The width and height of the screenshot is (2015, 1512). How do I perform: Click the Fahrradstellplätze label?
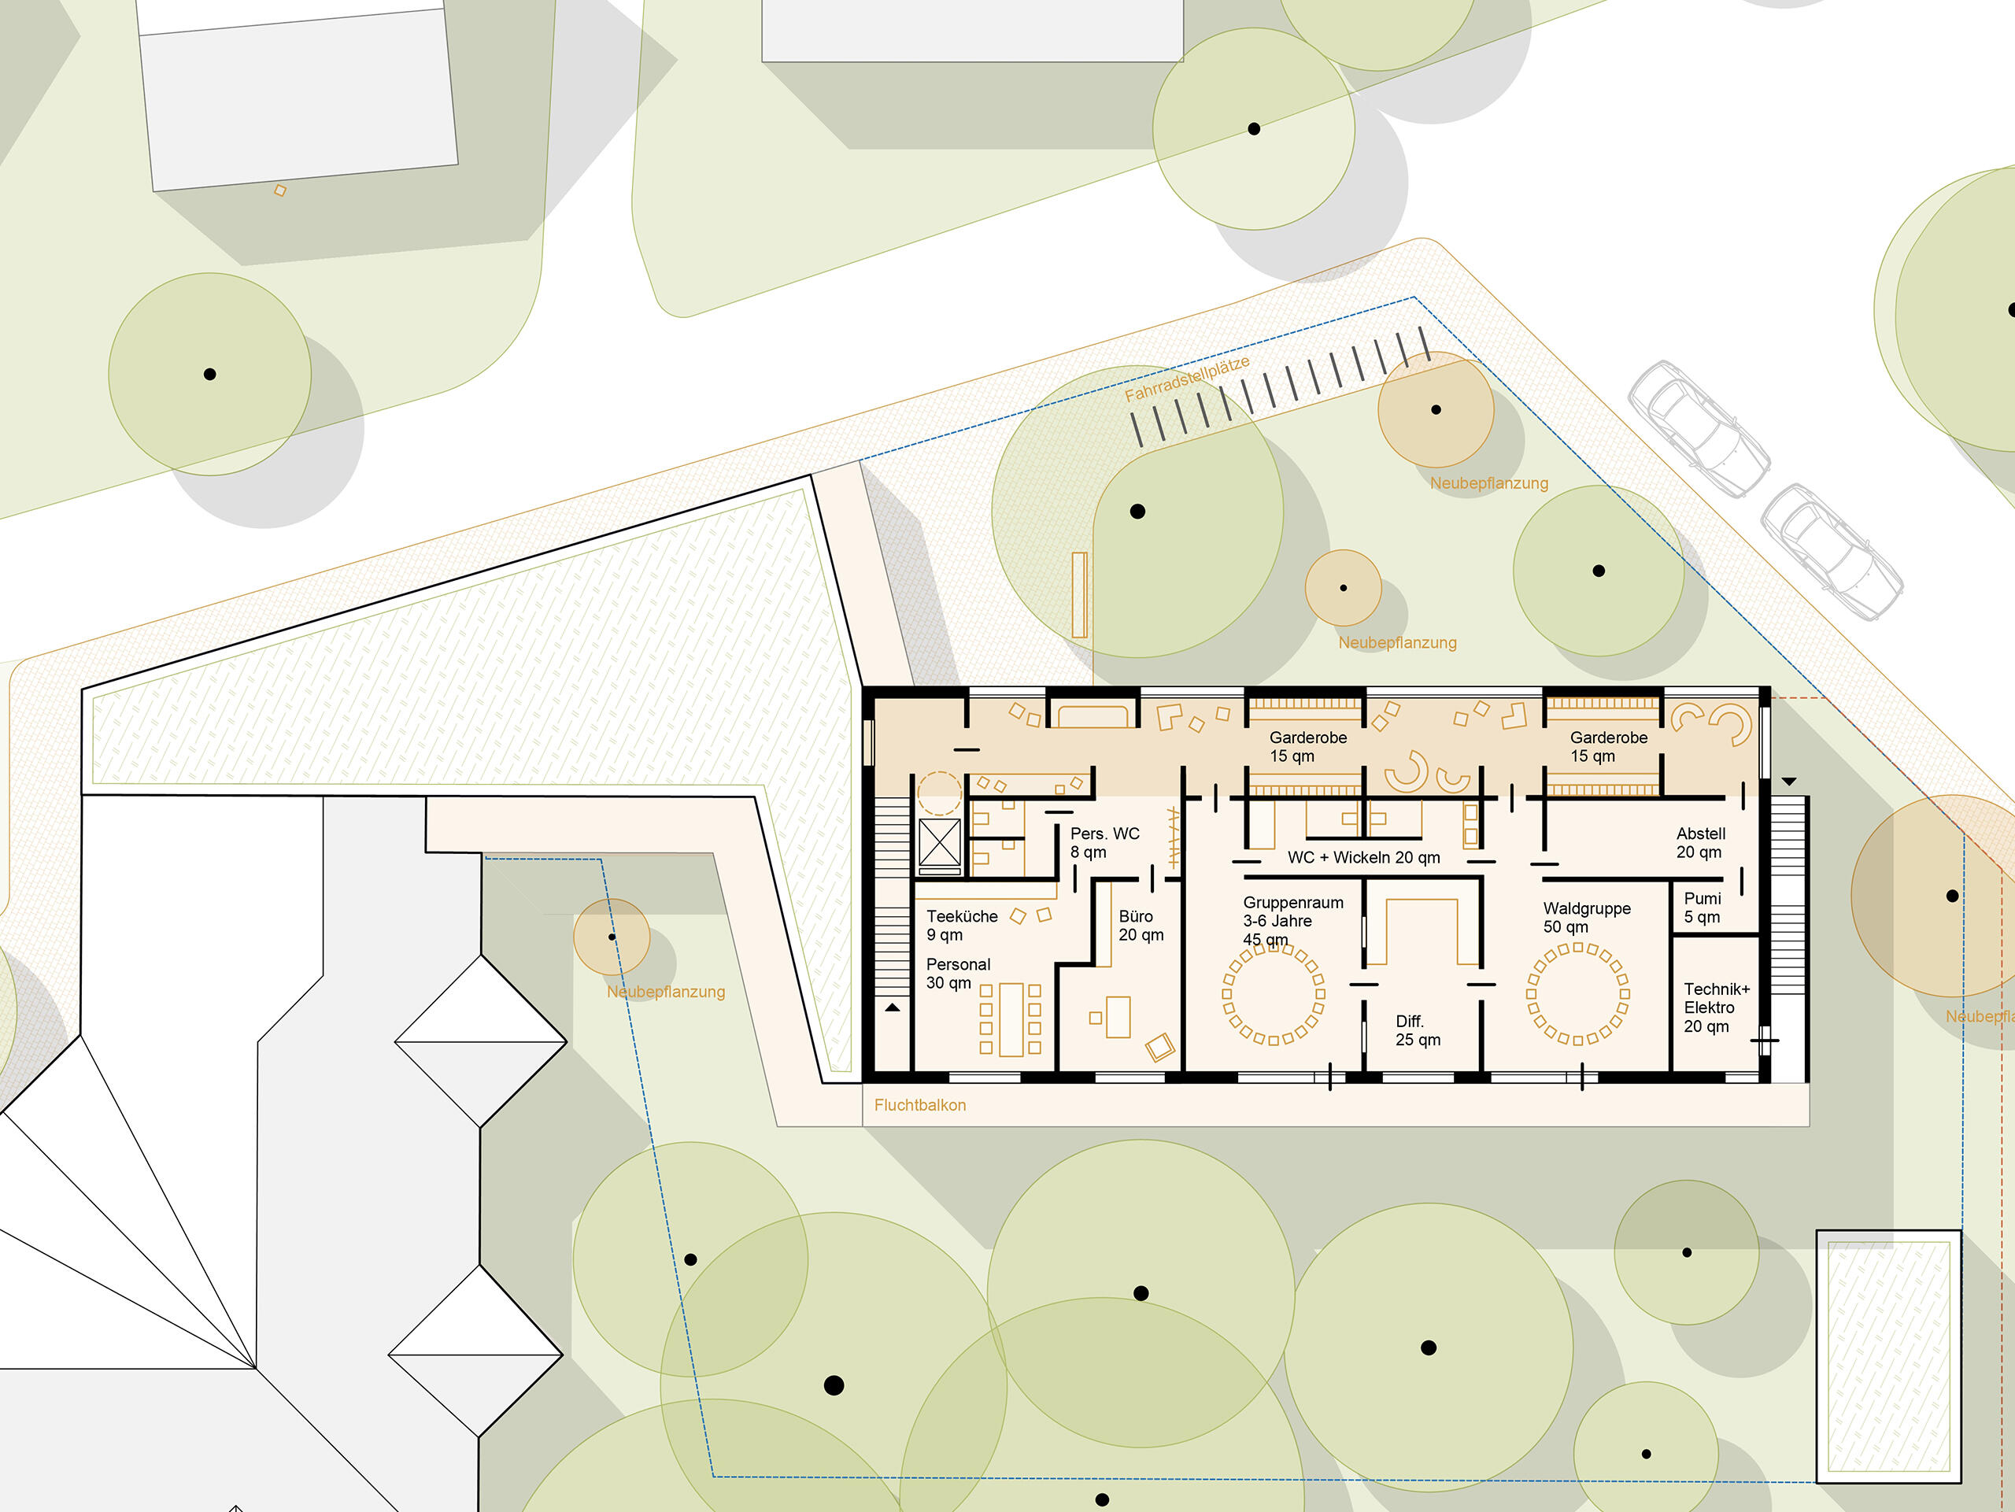pyautogui.click(x=1187, y=379)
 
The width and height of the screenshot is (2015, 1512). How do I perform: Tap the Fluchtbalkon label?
pyautogui.click(x=920, y=1105)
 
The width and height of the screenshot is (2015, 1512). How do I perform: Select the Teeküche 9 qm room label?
pyautogui.click(x=962, y=926)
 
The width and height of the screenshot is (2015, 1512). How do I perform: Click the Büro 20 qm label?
pyautogui.click(x=1141, y=926)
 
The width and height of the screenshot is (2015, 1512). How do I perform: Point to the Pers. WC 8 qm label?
pyautogui.click(x=1104, y=842)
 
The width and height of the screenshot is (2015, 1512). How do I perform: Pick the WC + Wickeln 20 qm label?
pyautogui.click(x=1364, y=857)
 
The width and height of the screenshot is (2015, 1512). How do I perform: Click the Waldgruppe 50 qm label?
pyautogui.click(x=1587, y=917)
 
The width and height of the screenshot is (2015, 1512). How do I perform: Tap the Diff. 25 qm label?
pyautogui.click(x=1418, y=1030)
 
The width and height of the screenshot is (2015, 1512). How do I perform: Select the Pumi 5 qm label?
pyautogui.click(x=1703, y=908)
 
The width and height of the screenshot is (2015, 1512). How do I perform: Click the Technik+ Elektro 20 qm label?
pyautogui.click(x=1716, y=1007)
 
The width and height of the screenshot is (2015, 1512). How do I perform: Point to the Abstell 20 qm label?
pyautogui.click(x=1701, y=842)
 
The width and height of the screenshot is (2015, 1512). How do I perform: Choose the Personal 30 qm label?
pyautogui.click(x=957, y=973)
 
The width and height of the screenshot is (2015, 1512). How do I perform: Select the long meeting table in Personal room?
pyautogui.click(x=1011, y=1019)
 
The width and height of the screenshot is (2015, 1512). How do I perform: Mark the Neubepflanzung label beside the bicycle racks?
pyautogui.click(x=1488, y=482)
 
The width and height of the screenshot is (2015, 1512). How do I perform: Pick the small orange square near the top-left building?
pyautogui.click(x=280, y=190)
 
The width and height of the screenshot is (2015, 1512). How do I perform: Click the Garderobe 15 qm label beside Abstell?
pyautogui.click(x=1608, y=746)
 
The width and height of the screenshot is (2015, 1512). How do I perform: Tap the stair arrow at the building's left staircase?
pyautogui.click(x=893, y=1007)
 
